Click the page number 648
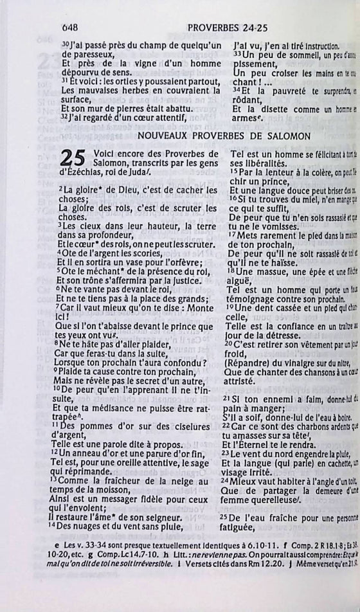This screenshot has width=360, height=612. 70,28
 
